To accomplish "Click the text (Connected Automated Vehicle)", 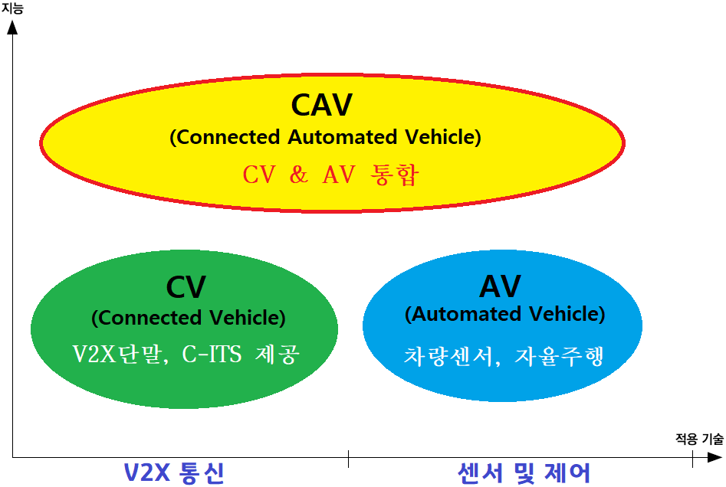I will pos(325,137).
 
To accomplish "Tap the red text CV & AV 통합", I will pos(331,175).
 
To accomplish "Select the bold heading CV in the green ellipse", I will pos(186,287).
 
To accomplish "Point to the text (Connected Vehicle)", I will pos(188,317).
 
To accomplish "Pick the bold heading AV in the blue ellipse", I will pos(500,286).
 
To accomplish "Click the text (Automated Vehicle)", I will pos(504,314).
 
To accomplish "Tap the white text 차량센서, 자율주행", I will pos(504,356).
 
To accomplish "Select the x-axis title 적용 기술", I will pos(698,439).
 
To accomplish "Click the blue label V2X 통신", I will pos(174,472).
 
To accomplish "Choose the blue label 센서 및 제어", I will pos(524,472).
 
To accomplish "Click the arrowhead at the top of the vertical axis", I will pos(13,27).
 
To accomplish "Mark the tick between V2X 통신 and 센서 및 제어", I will pos(348,459).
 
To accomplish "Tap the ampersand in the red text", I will pos(298,175).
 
